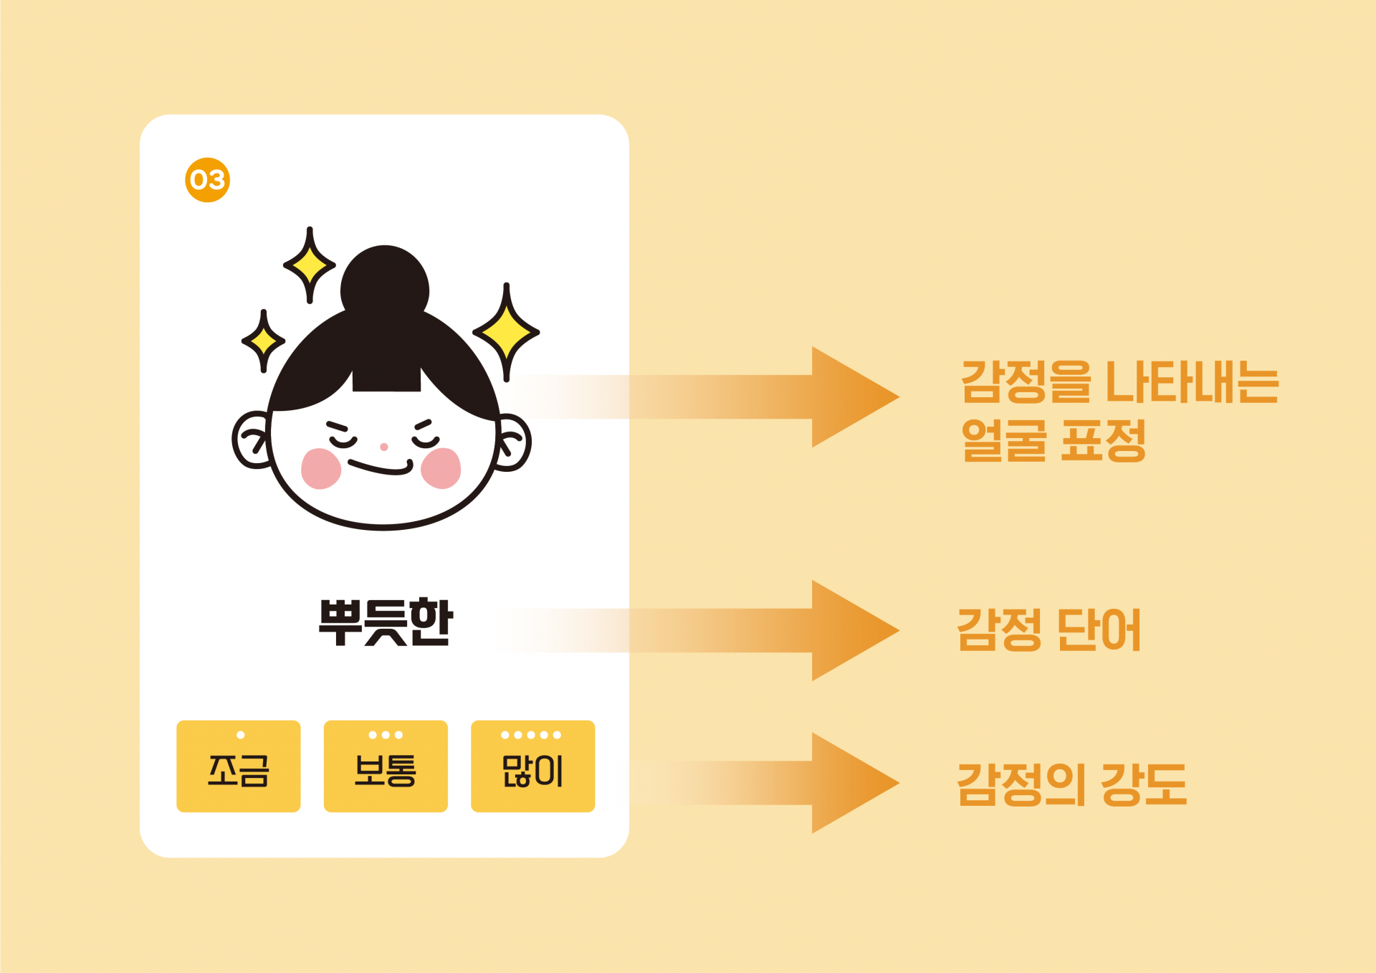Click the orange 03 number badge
(207, 180)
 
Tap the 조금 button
(239, 766)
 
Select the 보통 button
(386, 766)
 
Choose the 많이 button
(532, 766)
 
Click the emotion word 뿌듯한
(386, 622)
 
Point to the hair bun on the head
(385, 283)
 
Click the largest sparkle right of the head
(506, 332)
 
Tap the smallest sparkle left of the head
(263, 341)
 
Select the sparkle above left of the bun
(310, 266)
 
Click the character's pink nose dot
(384, 447)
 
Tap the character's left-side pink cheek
(320, 468)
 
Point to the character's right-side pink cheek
(441, 468)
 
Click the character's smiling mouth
(380, 468)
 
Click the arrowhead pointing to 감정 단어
(849, 630)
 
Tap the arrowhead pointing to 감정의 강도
(849, 783)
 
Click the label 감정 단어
(1048, 630)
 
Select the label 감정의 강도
(1071, 784)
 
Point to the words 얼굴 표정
(1053, 440)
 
